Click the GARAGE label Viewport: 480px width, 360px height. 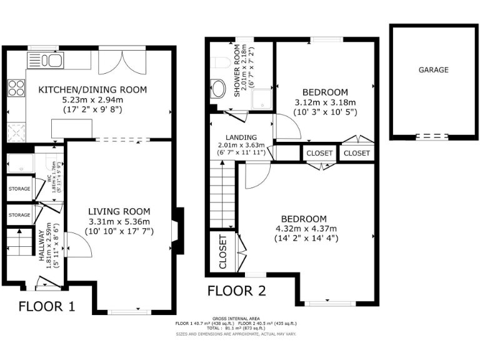tap(433, 70)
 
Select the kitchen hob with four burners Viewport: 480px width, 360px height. tap(16, 88)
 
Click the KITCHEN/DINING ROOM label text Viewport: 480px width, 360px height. tap(93, 90)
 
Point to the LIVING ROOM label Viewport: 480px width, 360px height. tap(119, 211)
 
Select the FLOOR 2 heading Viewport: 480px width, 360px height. tap(237, 290)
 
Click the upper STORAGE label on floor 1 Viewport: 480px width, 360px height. tap(19, 188)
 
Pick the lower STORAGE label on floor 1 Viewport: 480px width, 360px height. tap(19, 215)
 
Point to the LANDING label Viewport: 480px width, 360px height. tap(241, 137)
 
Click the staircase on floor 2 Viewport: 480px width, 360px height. tap(223, 194)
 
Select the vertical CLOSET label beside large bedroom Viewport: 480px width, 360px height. tap(222, 252)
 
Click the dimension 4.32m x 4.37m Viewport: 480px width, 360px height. tap(303, 228)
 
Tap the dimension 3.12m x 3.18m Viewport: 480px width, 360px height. tap(324, 102)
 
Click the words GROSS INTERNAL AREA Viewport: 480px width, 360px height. tap(236, 318)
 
